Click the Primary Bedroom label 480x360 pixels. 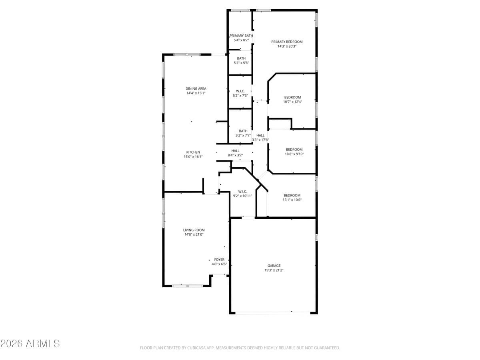click(287, 42)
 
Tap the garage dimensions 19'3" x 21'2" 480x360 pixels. click(274, 270)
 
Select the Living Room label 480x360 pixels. click(194, 230)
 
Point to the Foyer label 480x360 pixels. click(219, 260)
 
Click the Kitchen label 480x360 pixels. click(193, 152)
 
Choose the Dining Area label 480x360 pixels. click(196, 88)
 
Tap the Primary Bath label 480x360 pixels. click(241, 36)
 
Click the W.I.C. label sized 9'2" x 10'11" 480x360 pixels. click(242, 191)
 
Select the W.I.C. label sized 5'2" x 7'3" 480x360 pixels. click(240, 91)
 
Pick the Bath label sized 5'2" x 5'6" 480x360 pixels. click(241, 58)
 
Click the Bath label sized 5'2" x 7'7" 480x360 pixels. click(243, 131)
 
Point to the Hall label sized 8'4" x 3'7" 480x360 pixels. click(235, 151)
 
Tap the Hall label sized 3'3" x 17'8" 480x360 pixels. click(260, 135)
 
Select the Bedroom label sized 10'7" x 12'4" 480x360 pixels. click(292, 97)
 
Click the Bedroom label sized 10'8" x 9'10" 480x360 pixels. click(294, 150)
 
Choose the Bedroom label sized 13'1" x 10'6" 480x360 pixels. click(292, 195)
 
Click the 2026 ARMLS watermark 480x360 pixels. click(30, 343)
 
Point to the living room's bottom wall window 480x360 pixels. click(187, 286)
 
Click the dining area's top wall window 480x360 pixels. click(187, 54)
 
